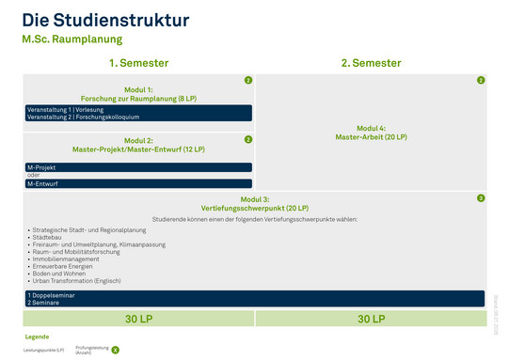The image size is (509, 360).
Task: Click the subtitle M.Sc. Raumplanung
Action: point(72,40)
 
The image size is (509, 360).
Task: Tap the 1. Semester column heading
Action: point(138,63)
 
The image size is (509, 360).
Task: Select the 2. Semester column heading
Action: point(371,63)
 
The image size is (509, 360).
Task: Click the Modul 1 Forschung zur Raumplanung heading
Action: point(138,93)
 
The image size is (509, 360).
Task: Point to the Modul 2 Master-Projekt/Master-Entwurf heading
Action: point(138,145)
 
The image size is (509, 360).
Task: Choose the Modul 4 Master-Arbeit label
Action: point(371,133)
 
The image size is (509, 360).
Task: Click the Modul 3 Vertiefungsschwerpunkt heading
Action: point(254,203)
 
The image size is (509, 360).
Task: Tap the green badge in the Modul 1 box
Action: point(248,81)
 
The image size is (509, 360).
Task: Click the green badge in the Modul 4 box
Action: point(481,81)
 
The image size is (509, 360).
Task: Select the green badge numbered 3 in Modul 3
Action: point(481,198)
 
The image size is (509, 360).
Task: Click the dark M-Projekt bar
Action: point(138,166)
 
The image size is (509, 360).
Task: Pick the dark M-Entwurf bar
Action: point(138,184)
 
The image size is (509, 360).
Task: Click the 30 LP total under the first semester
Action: point(138,319)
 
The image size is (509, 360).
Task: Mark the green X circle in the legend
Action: point(115,350)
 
